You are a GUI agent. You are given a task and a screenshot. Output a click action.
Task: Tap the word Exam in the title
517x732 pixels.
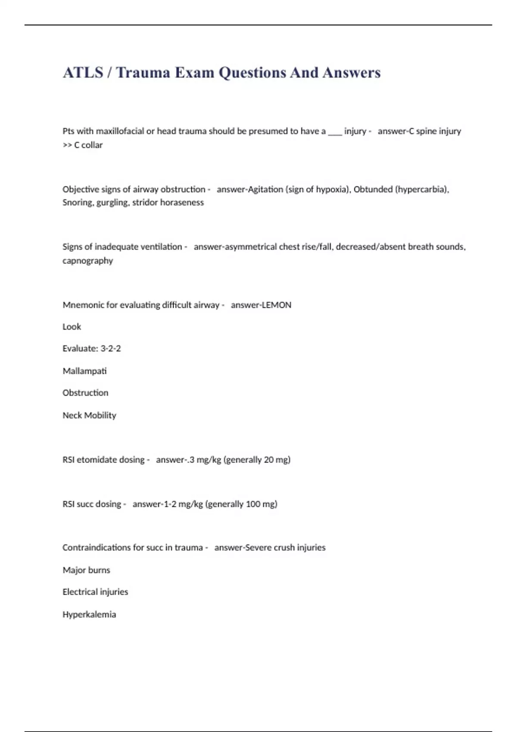click(194, 72)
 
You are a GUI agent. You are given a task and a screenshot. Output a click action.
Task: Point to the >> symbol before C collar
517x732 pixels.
click(67, 145)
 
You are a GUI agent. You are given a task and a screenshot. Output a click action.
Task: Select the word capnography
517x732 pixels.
click(87, 261)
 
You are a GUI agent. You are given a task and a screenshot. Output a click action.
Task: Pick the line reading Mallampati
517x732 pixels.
click(84, 371)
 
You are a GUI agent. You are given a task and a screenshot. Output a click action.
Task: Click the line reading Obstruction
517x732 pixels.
click(85, 393)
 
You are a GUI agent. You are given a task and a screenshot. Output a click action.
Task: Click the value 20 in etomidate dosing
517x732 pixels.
click(269, 460)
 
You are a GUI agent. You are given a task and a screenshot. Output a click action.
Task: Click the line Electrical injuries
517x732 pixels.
click(95, 592)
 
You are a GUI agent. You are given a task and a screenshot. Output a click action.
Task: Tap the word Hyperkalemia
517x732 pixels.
click(89, 614)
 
